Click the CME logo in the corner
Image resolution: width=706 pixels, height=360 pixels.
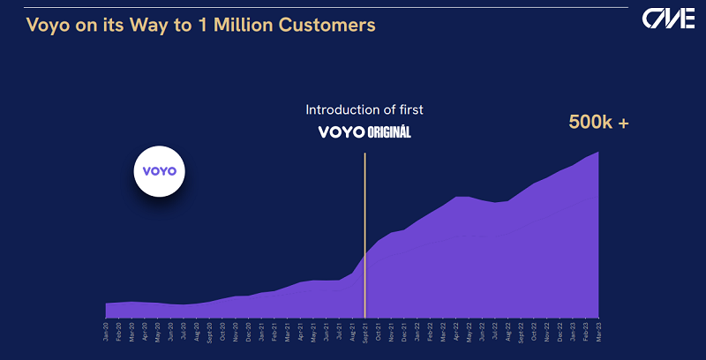(x=668, y=19)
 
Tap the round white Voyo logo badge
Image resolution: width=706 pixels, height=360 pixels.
(x=160, y=170)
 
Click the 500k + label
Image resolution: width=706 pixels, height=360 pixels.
(x=597, y=124)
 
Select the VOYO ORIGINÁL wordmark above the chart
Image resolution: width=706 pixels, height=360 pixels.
(x=364, y=132)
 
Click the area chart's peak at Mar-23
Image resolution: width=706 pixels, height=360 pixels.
(x=599, y=153)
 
